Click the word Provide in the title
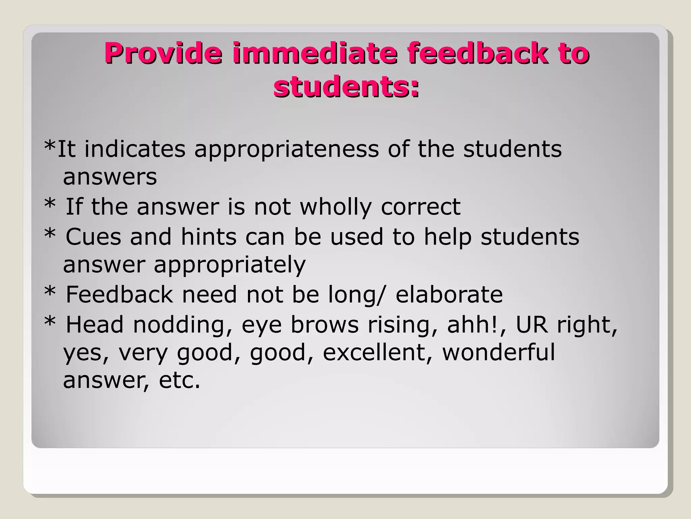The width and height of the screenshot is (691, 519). point(163,53)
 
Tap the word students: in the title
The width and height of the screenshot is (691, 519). point(347,87)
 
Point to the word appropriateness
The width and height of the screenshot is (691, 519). point(286,149)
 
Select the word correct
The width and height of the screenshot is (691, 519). point(420,206)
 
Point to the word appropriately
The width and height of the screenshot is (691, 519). point(229,265)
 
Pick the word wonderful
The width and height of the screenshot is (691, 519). point(498,352)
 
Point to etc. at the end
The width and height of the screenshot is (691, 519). point(179,380)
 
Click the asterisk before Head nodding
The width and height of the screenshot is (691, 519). point(50,321)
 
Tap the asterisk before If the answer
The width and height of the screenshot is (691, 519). point(50,203)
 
